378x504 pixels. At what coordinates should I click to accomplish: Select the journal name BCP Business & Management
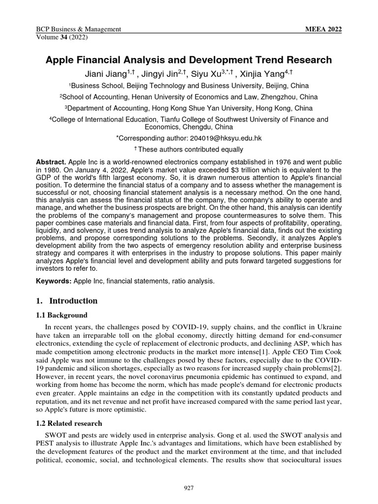[79, 30]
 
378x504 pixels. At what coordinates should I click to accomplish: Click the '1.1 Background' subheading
[63, 315]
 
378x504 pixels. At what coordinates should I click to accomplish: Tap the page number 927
[189, 488]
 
